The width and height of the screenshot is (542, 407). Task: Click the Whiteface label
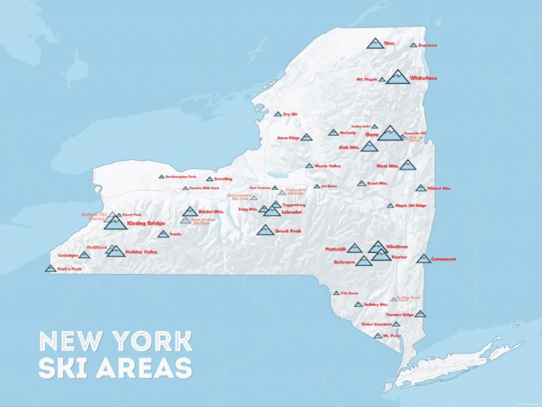point(424,79)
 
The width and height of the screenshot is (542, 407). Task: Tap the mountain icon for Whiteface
point(398,77)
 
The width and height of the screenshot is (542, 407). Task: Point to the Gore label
point(372,135)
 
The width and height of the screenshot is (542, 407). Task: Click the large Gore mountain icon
point(391,132)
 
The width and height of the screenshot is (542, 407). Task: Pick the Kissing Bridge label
point(146,223)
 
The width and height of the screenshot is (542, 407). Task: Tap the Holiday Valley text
point(141,252)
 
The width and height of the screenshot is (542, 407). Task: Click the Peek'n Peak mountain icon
point(50,268)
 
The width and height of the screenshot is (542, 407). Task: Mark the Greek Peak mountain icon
point(265,230)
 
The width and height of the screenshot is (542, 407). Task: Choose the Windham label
point(397,247)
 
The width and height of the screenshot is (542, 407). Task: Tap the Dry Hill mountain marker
point(278,114)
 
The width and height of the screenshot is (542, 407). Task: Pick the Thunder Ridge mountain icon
point(420,314)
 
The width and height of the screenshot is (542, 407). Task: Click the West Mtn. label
point(386,166)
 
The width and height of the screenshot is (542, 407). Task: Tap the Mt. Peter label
point(391,336)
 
